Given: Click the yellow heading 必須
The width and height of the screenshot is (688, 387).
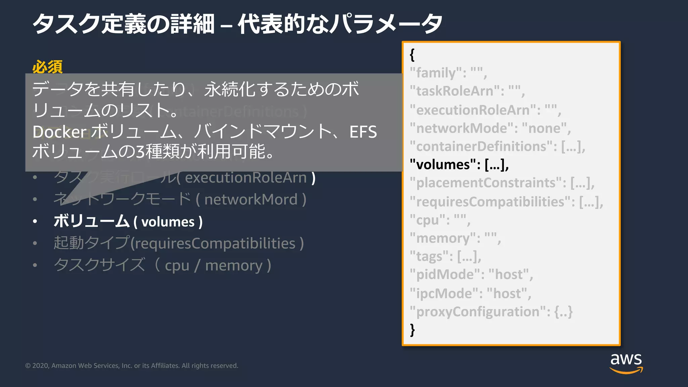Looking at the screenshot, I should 47,67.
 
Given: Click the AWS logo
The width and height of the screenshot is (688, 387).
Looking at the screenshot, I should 626,363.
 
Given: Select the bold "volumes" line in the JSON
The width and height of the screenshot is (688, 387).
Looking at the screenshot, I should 459,165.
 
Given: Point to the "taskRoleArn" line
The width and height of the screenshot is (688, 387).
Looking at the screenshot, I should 467,91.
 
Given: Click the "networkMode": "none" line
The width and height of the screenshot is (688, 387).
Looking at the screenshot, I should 490,128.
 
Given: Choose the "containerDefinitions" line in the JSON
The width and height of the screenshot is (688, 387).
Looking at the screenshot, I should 497,146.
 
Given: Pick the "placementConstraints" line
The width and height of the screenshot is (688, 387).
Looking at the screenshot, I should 502,183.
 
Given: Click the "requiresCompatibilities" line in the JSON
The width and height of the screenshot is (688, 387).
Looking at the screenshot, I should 506,202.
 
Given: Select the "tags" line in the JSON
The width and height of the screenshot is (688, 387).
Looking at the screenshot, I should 445,257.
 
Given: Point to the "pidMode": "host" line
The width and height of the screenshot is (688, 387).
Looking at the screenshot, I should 471,275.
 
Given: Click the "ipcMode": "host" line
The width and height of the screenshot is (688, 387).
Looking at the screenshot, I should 470,294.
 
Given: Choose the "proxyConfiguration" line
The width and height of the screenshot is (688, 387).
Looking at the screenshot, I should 491,312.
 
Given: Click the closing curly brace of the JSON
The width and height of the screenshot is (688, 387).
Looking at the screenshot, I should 413,330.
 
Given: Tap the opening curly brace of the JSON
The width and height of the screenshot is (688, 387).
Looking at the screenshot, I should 412,54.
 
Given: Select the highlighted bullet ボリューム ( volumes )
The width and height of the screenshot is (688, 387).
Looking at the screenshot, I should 128,221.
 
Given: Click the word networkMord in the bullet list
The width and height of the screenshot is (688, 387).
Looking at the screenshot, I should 251,200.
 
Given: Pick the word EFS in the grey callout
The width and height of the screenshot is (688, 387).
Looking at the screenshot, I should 363,132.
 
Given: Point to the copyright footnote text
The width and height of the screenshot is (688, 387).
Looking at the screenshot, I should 132,365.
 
